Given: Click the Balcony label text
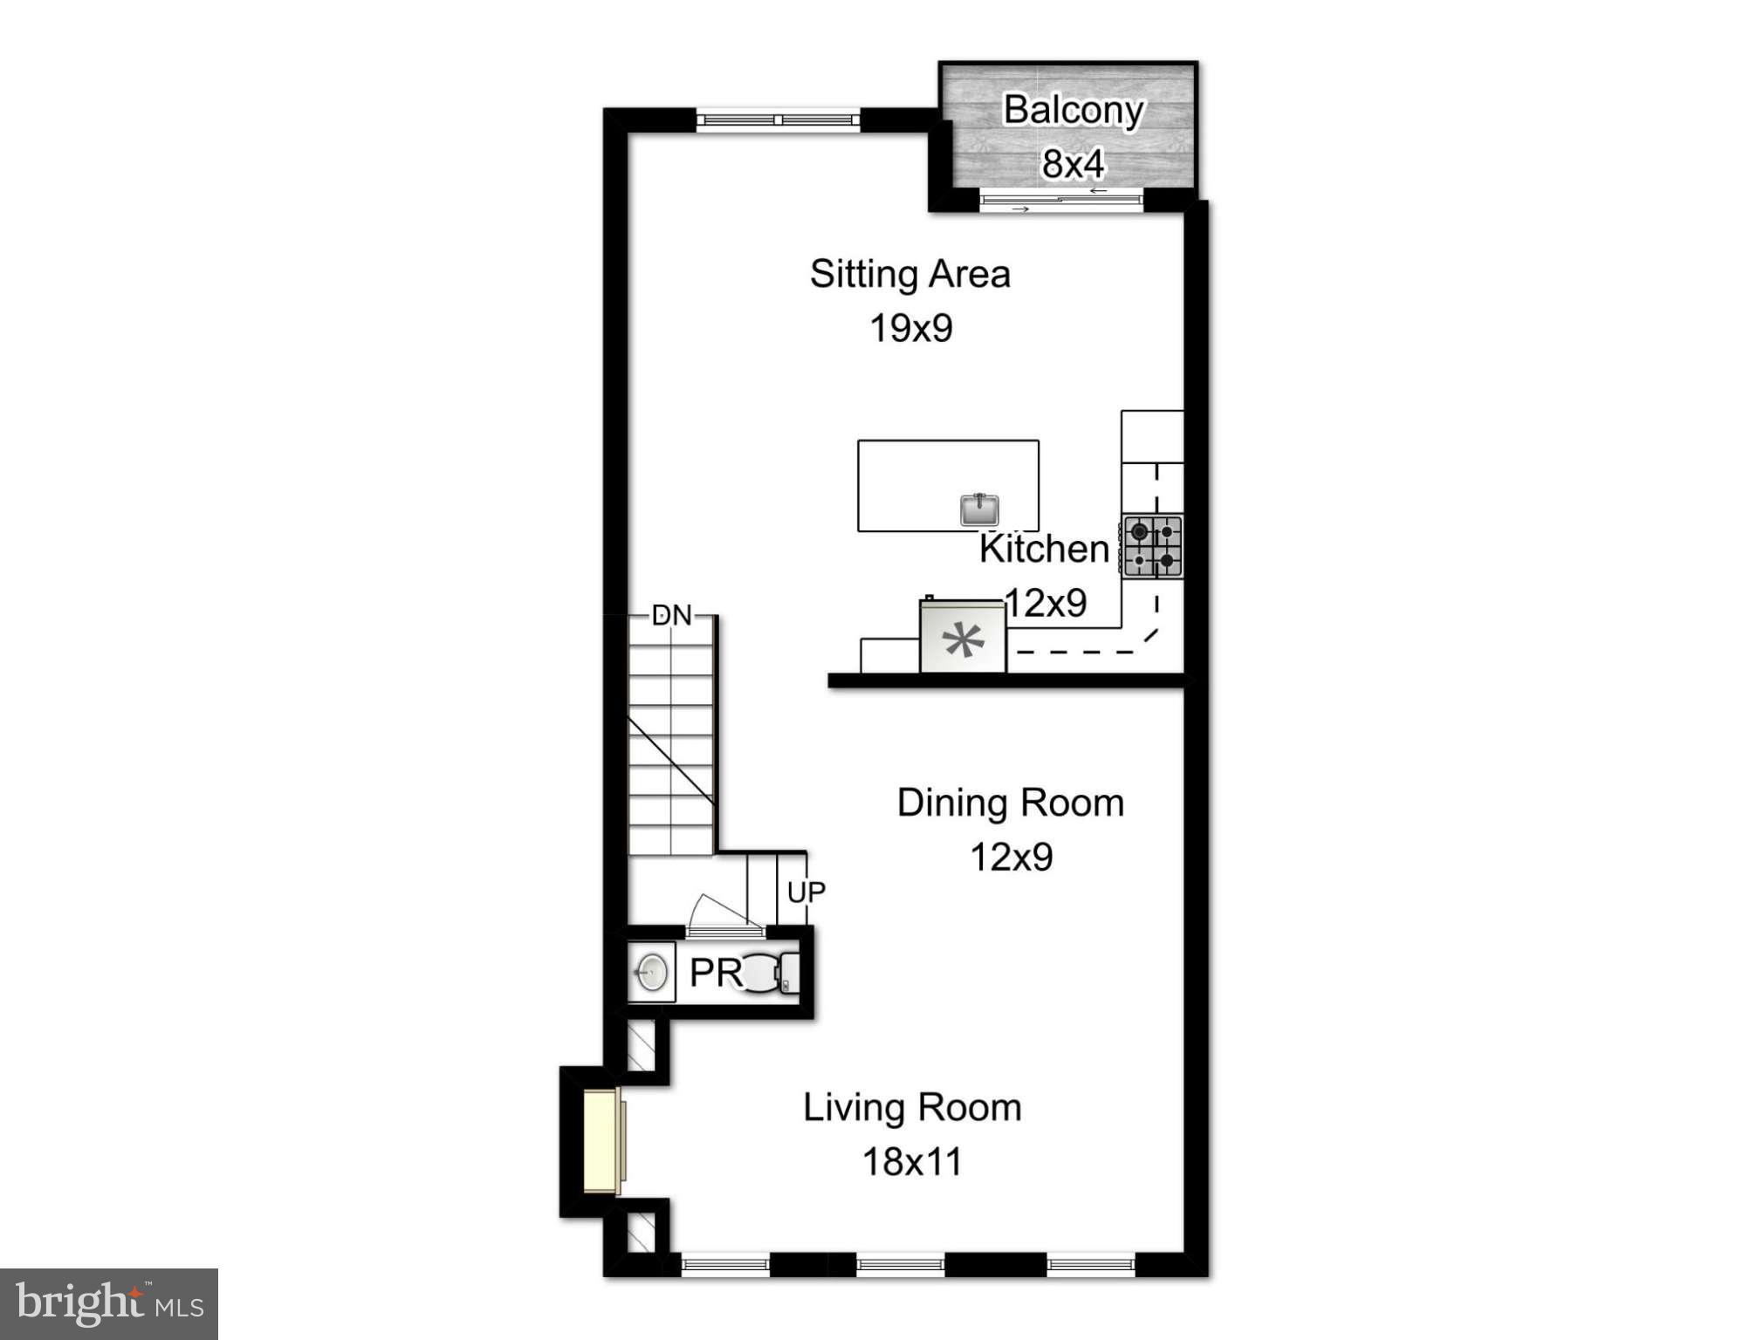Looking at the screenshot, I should point(1073,111).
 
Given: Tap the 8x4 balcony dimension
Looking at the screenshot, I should point(1073,163).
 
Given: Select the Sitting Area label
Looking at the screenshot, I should point(909,274).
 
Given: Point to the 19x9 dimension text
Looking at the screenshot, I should point(910,329).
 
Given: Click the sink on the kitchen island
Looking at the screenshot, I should point(979,509).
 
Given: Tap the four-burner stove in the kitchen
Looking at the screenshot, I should point(1152,546).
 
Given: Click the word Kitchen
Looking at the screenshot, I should point(1043,549).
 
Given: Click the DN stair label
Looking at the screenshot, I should point(671,616).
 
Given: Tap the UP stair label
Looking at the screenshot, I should point(806,892).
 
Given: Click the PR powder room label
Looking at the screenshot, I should point(715,973).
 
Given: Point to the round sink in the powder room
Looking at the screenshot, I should point(650,972).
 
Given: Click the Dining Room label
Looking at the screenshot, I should point(1010,803).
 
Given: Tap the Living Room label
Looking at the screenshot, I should point(912,1108).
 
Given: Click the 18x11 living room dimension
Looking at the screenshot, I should point(912,1162).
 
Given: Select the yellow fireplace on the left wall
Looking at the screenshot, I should point(601,1141).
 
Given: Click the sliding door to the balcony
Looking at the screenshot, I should point(1060,202).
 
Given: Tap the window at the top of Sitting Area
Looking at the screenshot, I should point(778,120).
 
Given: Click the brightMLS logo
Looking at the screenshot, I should point(109,1303).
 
